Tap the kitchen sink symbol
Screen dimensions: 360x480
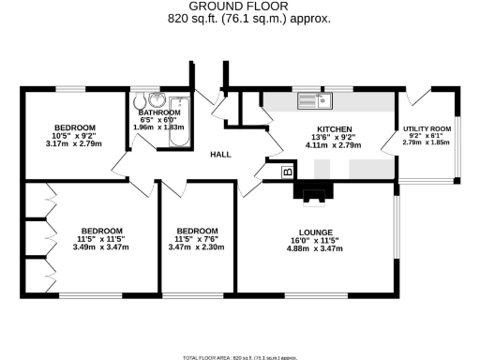311,100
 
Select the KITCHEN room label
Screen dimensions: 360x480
334,127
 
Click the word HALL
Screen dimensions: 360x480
220,155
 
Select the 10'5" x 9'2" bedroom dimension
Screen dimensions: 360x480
73,137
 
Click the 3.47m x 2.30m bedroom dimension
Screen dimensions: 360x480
197,247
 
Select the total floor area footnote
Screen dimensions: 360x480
239,356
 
